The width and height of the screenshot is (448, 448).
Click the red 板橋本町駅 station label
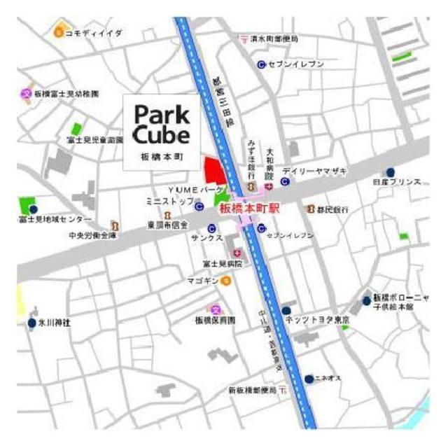(x=249, y=208)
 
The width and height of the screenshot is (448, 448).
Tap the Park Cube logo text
(x=161, y=124)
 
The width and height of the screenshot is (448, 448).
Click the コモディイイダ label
(x=94, y=32)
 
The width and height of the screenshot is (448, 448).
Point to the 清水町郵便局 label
(x=274, y=39)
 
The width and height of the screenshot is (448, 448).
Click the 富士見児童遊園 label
(x=95, y=141)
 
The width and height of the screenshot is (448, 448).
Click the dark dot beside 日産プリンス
(x=390, y=172)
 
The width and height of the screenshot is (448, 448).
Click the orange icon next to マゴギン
(x=226, y=281)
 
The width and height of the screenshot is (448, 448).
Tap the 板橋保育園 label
(x=215, y=319)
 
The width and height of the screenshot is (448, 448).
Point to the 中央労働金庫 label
(x=92, y=236)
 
